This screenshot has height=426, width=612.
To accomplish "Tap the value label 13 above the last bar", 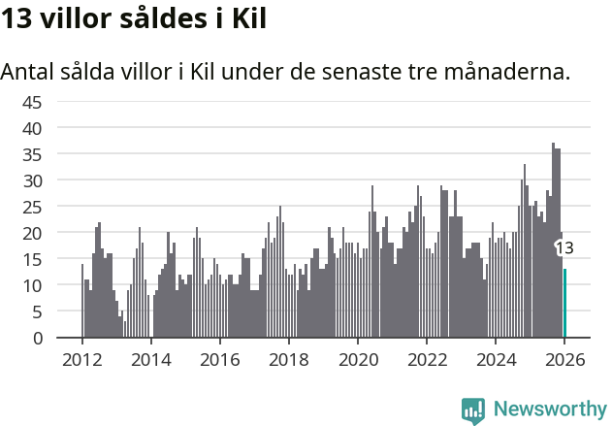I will tap(564, 248).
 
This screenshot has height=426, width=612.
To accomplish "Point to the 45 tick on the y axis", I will tap(32, 102).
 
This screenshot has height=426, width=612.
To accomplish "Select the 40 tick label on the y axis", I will tap(32, 128).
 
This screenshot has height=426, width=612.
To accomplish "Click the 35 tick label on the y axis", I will tap(32, 154).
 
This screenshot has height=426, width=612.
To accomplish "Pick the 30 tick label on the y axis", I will tap(32, 180).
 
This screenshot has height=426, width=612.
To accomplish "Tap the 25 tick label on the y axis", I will tap(32, 207).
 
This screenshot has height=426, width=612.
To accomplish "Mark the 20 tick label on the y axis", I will tap(32, 233).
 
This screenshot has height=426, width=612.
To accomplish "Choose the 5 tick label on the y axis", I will tap(37, 312).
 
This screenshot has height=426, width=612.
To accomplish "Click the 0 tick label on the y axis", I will tap(37, 339).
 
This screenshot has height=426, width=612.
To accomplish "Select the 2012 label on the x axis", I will tap(81, 359).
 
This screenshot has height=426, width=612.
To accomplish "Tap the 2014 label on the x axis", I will tap(150, 359).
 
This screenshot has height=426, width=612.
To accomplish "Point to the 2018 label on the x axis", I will tap(288, 359).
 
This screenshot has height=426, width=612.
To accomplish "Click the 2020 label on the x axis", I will tap(357, 359).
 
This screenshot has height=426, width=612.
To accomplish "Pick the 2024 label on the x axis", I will tap(496, 359).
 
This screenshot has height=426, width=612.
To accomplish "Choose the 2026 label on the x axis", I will tap(564, 359).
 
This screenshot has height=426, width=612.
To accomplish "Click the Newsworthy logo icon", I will tap(473, 410).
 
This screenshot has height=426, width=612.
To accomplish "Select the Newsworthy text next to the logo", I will tap(549, 410).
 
